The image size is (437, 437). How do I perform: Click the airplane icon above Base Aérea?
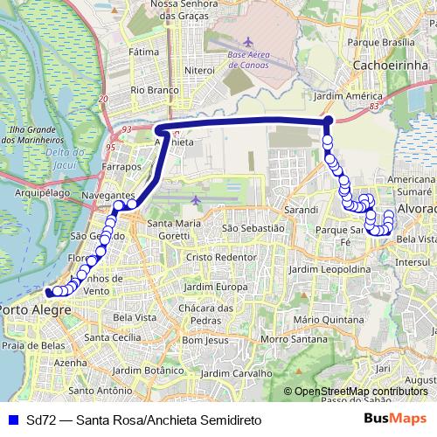click(x=248, y=42)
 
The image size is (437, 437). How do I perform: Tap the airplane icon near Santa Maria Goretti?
click(x=195, y=201)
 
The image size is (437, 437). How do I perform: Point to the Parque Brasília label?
click(x=381, y=42)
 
